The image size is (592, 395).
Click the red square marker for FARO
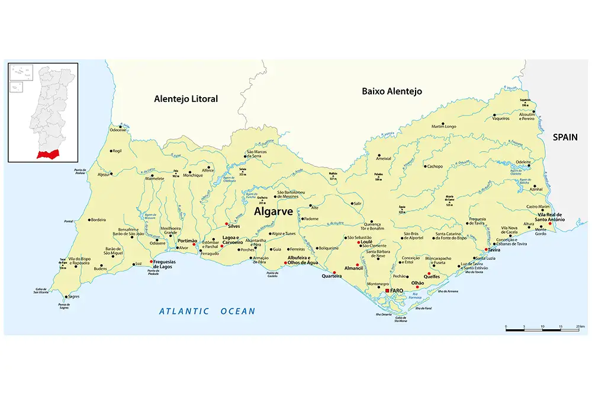(x=387, y=291)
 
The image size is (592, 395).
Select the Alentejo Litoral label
(x=185, y=99)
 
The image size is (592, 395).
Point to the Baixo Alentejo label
(x=391, y=91)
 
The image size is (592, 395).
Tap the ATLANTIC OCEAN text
(x=207, y=311)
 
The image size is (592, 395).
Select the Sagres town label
(x=74, y=296)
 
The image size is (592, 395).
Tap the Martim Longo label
(x=444, y=126)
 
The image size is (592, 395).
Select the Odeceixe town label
(x=118, y=130)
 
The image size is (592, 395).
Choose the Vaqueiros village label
(x=501, y=118)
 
